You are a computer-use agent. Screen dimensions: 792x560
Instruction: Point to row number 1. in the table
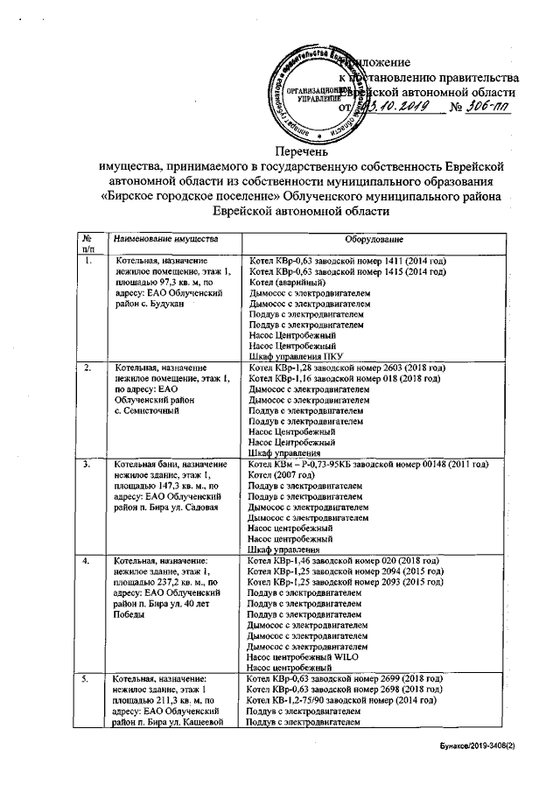(x=87, y=262)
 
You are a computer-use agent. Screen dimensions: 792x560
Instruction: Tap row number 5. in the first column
(x=87, y=678)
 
